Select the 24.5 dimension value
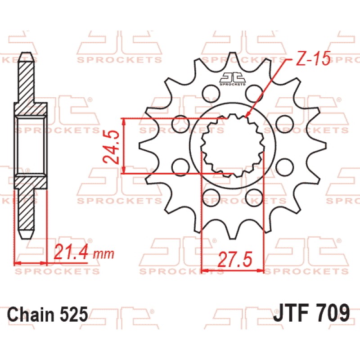click(x=111, y=147)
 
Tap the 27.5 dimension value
click(x=235, y=260)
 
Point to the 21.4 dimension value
click(x=71, y=252)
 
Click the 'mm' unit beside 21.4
click(x=104, y=254)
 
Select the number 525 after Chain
click(x=74, y=314)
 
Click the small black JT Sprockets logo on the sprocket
click(x=233, y=79)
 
